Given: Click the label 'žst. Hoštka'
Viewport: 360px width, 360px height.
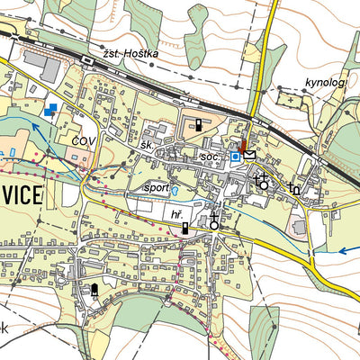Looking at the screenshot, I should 130,54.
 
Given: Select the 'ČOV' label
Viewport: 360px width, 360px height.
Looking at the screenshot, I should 84,141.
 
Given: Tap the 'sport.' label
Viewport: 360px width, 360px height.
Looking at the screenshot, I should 157,189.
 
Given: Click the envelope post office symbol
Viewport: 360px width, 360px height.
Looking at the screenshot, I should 249,156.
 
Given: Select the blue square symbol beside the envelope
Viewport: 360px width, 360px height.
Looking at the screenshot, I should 235,157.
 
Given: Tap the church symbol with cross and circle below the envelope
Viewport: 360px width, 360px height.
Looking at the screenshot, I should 262,183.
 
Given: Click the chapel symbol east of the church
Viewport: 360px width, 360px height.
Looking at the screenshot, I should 294,187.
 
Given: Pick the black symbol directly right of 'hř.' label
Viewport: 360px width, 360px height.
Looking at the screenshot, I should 185,229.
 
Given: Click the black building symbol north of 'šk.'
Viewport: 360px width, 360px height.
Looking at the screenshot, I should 197,124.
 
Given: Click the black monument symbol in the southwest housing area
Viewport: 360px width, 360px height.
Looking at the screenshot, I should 94,289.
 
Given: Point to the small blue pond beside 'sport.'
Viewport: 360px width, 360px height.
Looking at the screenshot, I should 175,191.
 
